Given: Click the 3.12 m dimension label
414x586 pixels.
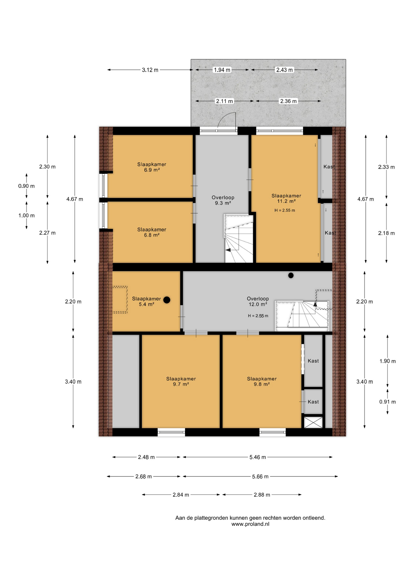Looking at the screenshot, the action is click(x=150, y=70).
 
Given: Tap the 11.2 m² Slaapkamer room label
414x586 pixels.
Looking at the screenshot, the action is click(x=286, y=198).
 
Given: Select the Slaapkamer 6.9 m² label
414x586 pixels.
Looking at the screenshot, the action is click(x=152, y=167).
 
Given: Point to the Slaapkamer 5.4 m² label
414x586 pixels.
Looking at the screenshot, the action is click(x=146, y=302).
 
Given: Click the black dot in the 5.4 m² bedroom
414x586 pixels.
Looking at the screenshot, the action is click(x=167, y=300).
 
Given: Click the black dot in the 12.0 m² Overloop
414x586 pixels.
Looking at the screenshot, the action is click(x=291, y=275).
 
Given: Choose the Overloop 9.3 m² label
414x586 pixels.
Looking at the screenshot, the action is click(x=223, y=200).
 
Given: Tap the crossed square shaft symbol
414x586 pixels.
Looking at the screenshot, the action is click(x=313, y=422).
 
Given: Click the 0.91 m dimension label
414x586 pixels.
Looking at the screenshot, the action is click(x=387, y=402).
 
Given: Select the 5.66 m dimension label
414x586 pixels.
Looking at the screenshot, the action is click(x=260, y=476).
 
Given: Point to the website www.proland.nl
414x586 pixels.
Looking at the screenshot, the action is click(x=250, y=524).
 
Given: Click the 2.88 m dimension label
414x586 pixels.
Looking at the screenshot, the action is click(x=262, y=495).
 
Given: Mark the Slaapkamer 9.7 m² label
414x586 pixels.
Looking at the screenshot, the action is click(x=181, y=382).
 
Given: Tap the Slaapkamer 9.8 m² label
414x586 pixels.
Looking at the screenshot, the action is click(x=262, y=382).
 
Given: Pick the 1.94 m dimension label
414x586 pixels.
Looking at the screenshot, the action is click(x=222, y=70).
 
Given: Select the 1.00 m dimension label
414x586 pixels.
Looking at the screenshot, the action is click(x=27, y=215).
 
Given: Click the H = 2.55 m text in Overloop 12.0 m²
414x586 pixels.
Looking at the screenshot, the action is click(x=258, y=316).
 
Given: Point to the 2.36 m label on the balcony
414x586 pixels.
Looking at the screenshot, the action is click(x=288, y=101).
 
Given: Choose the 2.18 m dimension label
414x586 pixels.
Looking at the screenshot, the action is click(x=386, y=233).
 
